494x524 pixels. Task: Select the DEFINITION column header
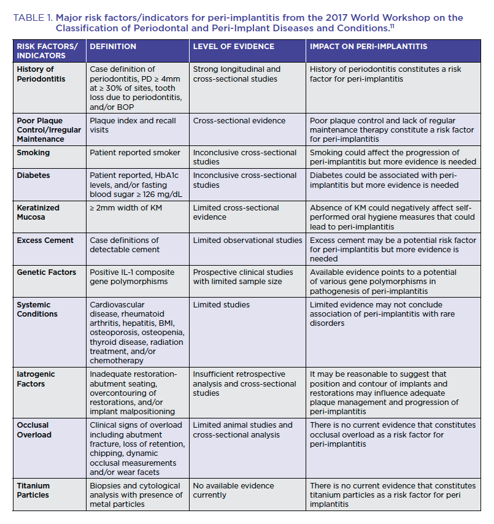(x=113, y=47)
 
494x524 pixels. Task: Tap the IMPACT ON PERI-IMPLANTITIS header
(x=368, y=47)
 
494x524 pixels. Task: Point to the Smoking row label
(x=34, y=153)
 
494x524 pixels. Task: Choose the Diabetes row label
(x=34, y=175)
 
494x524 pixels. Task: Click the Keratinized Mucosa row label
(x=39, y=213)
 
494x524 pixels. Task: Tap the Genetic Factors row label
(x=47, y=272)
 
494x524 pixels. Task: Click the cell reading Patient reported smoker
(x=135, y=153)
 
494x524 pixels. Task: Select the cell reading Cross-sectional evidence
(x=239, y=121)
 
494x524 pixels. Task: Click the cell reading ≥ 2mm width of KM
(x=125, y=208)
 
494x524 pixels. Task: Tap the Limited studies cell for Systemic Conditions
(x=222, y=305)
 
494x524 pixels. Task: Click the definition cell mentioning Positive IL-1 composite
(x=132, y=277)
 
